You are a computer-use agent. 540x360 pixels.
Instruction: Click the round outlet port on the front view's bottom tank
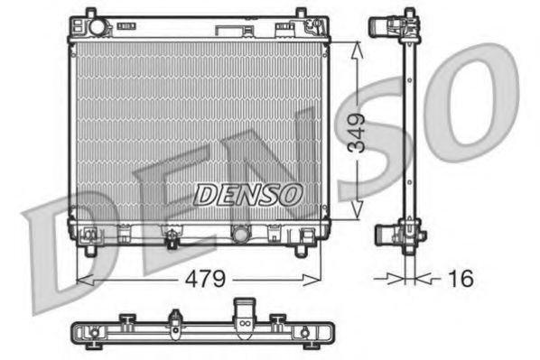[241, 235]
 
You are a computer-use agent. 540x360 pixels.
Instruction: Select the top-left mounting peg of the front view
[89, 15]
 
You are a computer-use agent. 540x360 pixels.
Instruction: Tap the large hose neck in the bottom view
[244, 316]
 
